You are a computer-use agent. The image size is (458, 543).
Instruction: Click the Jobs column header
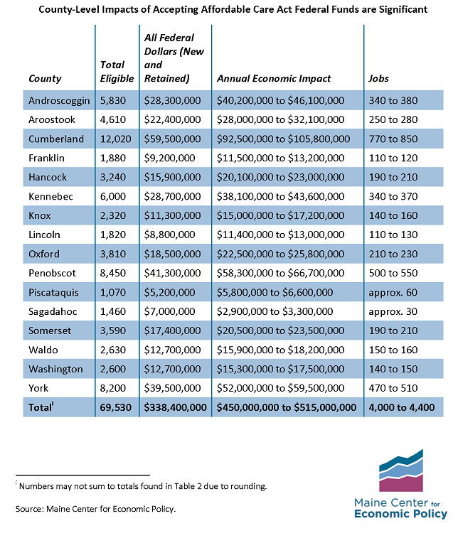(378, 79)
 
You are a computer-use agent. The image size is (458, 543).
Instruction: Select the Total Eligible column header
(117, 72)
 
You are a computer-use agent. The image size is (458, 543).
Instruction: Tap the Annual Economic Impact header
(274, 79)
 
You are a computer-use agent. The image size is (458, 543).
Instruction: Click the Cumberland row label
(56, 139)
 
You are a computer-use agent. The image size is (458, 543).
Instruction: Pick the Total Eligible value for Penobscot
(113, 273)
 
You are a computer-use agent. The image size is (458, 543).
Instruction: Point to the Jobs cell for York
(393, 388)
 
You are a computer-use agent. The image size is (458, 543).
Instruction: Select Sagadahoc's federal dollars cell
(169, 312)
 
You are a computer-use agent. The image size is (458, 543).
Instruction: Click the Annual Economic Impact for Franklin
(281, 158)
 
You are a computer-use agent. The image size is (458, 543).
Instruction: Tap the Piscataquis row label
(54, 293)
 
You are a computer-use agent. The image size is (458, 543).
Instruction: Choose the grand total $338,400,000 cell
(175, 407)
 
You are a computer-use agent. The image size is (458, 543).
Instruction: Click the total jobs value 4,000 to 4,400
(402, 407)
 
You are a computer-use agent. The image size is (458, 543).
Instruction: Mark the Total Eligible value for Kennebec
(113, 197)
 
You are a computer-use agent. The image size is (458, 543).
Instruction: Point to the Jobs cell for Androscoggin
(393, 101)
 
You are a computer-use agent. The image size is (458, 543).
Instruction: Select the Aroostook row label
(52, 120)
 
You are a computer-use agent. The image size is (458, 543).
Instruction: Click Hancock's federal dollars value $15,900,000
(173, 177)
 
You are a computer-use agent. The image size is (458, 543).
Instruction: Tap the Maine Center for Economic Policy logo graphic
(401, 471)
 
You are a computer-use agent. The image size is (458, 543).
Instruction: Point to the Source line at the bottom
(95, 509)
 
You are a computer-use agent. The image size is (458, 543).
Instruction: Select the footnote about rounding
(142, 486)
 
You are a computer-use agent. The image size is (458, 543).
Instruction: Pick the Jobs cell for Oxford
(393, 254)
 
